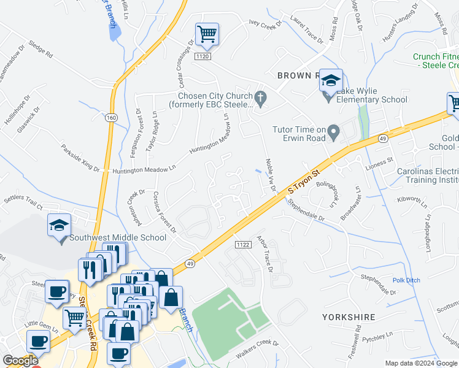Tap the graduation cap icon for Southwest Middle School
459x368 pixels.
[59, 226]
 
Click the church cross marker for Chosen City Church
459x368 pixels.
[260, 97]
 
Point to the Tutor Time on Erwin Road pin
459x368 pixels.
[333, 131]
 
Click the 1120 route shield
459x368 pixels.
[203, 56]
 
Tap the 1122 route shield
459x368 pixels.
[242, 244]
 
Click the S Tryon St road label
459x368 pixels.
[304, 183]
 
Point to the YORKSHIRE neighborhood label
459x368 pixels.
[349, 317]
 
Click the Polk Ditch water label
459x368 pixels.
[407, 280]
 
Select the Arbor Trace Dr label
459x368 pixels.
[268, 253]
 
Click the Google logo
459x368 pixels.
[20, 361]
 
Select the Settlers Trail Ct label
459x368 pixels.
[25, 203]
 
